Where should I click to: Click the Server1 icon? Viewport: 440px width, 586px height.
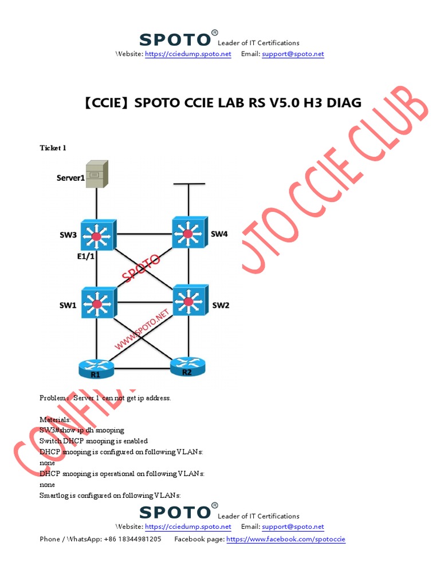click(x=96, y=174)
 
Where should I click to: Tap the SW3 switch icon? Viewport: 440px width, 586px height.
click(x=97, y=235)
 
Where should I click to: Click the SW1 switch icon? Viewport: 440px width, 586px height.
click(x=97, y=303)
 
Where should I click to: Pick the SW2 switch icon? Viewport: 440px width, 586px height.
click(x=188, y=300)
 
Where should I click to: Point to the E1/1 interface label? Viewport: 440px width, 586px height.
click(x=85, y=258)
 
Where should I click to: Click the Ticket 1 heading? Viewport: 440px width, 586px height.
click(x=53, y=148)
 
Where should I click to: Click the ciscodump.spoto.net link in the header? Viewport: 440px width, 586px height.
click(x=188, y=54)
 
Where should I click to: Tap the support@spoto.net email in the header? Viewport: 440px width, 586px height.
click(x=293, y=54)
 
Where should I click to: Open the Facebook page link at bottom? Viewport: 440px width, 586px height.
click(x=286, y=539)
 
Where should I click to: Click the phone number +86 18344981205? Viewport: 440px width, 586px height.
click(x=132, y=539)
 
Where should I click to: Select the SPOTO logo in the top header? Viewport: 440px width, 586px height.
click(x=175, y=40)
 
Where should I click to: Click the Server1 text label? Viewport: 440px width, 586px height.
click(x=70, y=178)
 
